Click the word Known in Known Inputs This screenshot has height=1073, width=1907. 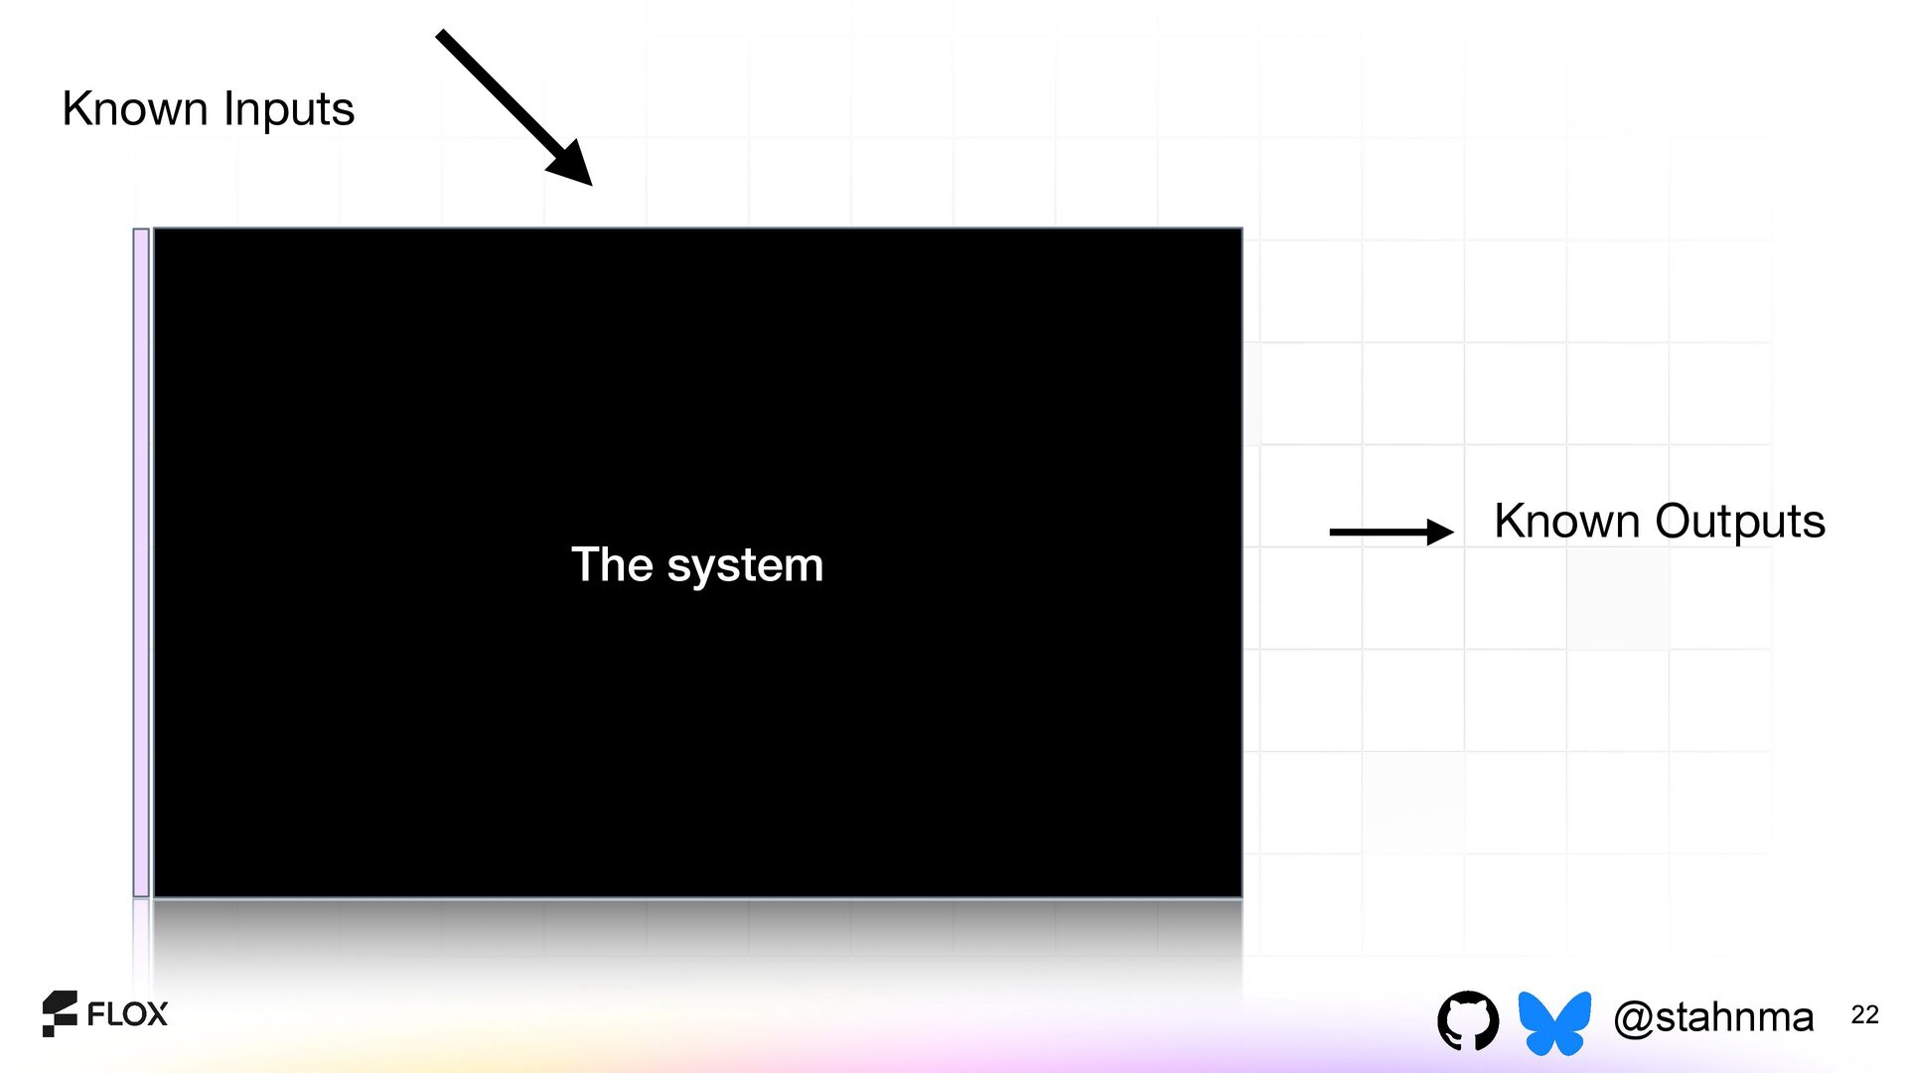click(x=134, y=108)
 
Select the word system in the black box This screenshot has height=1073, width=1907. click(x=745, y=566)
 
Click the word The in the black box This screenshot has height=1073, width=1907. click(x=612, y=564)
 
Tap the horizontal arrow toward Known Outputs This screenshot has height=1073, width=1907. click(x=1381, y=533)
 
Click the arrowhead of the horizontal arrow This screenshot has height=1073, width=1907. click(x=1439, y=533)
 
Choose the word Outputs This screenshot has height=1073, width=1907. click(x=1740, y=523)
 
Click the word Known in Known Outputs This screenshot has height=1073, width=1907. click(x=1566, y=521)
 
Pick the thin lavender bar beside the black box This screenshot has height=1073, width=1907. click(x=141, y=562)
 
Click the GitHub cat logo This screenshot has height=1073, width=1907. click(x=1468, y=1019)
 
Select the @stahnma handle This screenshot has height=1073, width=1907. click(x=1713, y=1017)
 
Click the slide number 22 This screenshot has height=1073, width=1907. click(x=1864, y=1014)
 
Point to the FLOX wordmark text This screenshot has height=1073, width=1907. click(x=127, y=1014)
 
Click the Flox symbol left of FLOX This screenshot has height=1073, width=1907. click(x=60, y=1013)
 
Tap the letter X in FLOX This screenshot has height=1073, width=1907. click(x=156, y=1014)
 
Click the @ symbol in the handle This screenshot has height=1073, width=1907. click(x=1634, y=1018)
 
